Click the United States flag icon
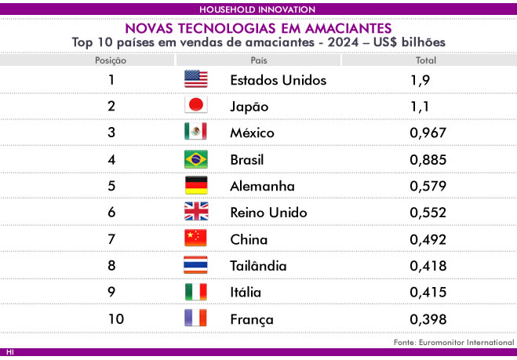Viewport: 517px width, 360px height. click(196, 78)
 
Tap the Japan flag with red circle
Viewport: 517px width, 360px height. click(196, 105)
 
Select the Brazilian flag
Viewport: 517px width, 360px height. click(196, 159)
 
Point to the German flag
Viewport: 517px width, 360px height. click(196, 185)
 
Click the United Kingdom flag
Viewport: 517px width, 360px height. click(196, 211)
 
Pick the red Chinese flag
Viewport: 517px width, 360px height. click(195, 238)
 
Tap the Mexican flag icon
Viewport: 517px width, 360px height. click(195, 131)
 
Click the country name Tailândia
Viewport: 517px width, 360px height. click(258, 265)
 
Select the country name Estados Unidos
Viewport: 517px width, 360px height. click(279, 80)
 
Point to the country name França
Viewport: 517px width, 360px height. click(252, 319)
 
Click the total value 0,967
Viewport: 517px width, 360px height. click(428, 133)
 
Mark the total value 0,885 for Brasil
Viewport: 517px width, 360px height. click(428, 160)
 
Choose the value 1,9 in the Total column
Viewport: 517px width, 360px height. click(420, 80)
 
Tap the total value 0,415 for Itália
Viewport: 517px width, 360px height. click(428, 292)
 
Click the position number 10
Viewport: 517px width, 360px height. click(116, 318)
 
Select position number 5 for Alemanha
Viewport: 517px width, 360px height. click(111, 186)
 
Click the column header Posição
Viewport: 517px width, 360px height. click(111, 60)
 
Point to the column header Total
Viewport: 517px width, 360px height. click(426, 60)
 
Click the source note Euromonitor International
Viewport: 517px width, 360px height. click(467, 342)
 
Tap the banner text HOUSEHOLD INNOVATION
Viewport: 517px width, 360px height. click(257, 9)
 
